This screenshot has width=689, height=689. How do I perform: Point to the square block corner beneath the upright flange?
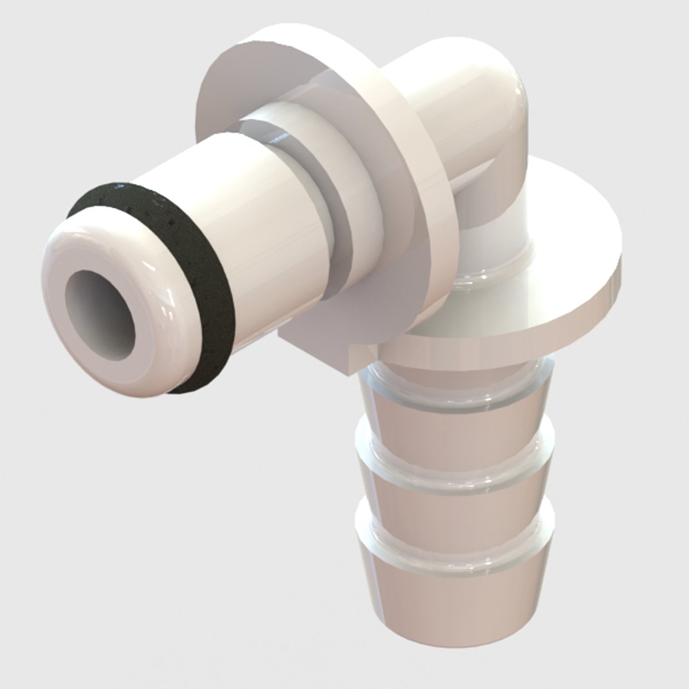coord(322,350)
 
